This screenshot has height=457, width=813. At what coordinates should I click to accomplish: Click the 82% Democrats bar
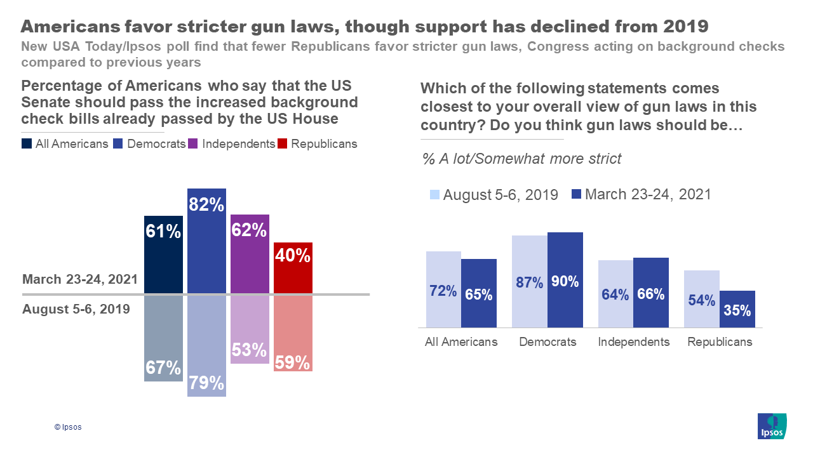(x=206, y=241)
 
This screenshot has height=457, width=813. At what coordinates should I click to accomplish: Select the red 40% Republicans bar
(x=293, y=268)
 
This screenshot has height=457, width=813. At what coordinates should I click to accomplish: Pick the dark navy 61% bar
(x=163, y=255)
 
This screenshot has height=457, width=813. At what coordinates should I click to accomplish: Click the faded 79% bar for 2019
(x=206, y=346)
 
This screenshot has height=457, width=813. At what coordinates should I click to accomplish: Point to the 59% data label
(x=293, y=363)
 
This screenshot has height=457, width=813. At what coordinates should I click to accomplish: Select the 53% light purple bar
(x=250, y=329)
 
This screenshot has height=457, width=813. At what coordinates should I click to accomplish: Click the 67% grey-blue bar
(x=163, y=338)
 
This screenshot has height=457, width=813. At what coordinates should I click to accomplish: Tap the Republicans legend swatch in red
(x=283, y=144)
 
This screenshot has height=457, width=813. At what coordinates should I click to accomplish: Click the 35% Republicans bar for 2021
(x=737, y=309)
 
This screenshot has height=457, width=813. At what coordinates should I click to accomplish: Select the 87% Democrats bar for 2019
(x=529, y=281)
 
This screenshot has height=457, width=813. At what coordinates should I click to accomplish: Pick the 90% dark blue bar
(x=565, y=280)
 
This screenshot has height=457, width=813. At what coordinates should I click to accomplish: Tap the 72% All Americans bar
(x=443, y=289)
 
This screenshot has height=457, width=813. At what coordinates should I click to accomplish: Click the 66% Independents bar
(x=650, y=293)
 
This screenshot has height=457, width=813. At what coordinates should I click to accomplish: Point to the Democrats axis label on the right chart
(x=548, y=342)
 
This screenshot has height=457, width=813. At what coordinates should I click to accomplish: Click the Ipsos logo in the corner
(x=772, y=426)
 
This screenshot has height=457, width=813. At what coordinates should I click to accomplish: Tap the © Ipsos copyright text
(x=68, y=427)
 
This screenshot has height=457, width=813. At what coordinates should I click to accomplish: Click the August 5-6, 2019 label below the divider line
(x=76, y=309)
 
